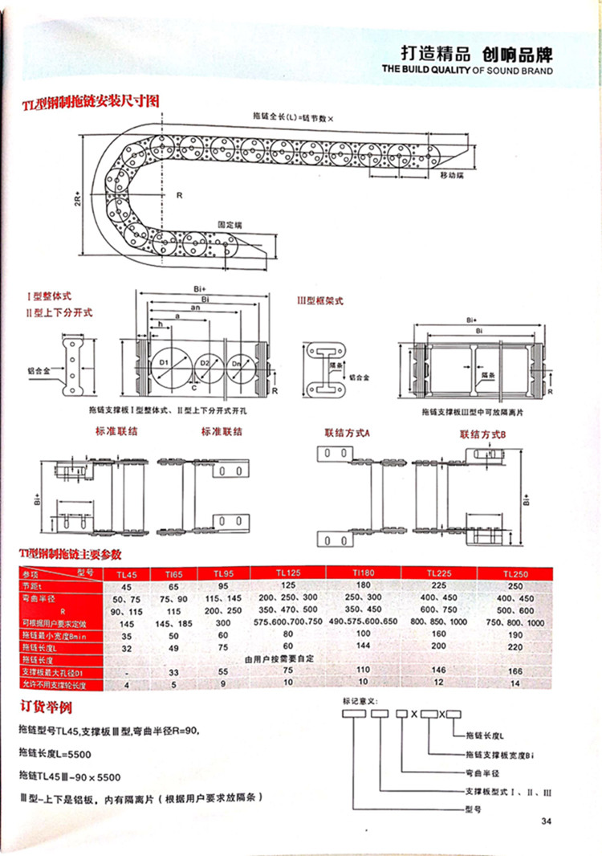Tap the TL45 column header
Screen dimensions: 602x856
click(x=127, y=574)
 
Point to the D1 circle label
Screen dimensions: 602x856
click(x=162, y=364)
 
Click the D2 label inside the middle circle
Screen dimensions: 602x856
click(x=205, y=364)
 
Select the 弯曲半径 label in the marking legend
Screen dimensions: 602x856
click(x=483, y=772)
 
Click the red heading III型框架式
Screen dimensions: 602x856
click(x=319, y=301)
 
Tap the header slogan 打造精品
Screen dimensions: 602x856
click(x=434, y=54)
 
